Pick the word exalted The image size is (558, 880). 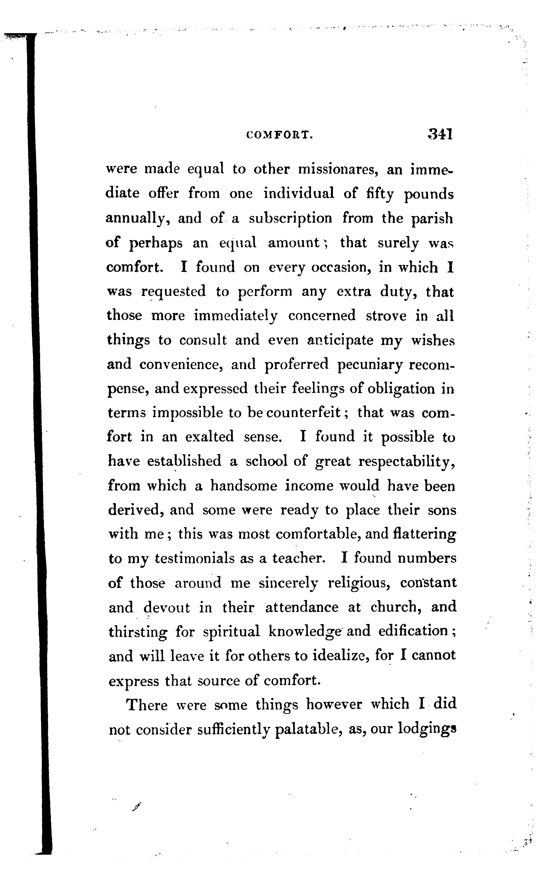[209, 437]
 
